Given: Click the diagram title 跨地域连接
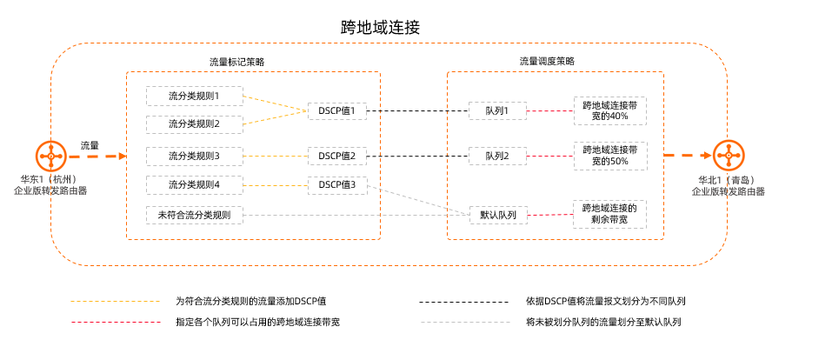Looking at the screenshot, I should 381,28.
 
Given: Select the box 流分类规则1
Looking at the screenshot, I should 194,96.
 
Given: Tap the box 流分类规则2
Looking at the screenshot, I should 194,124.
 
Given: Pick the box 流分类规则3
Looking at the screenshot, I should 194,157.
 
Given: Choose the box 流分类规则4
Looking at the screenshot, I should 194,184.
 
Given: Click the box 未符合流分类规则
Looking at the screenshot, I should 194,214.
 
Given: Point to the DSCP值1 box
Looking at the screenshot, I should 337,110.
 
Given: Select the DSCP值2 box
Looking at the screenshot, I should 337,157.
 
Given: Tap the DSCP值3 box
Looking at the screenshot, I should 337,184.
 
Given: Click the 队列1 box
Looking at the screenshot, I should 497,110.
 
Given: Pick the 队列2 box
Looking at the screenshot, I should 497,157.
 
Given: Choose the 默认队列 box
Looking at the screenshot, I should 498,214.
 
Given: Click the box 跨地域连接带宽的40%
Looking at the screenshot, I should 609,110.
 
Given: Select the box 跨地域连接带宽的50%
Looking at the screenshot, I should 609,156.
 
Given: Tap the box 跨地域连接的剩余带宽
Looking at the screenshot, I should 609,214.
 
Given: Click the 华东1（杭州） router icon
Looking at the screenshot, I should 50,157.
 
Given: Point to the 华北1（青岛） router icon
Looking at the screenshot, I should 728,157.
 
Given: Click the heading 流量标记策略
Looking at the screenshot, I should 236,62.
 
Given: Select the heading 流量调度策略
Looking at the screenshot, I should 547,62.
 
